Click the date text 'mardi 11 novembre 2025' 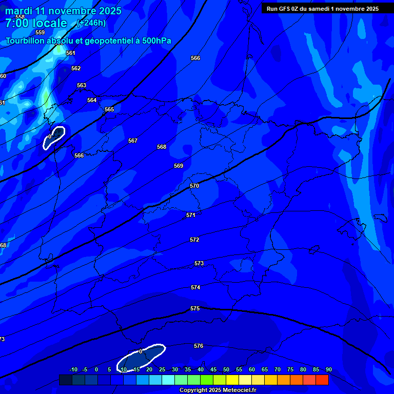coord(63,11)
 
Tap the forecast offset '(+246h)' coord(91,23)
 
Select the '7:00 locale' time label coord(36,23)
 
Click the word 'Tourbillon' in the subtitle coord(25,41)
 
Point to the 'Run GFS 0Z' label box coord(322,8)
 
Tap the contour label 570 coord(194,186)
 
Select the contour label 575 coord(195,308)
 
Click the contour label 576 coord(199,346)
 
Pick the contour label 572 coord(194,240)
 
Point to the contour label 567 coord(133,141)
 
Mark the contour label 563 coord(82,85)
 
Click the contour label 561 coord(70,53)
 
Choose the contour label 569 coord(179,166)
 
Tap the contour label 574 coord(195,287)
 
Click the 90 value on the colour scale coord(328,369)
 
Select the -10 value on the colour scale coord(73,369)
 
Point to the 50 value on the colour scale coord(226,369)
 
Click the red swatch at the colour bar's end coord(322,380)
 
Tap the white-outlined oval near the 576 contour coord(141,357)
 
